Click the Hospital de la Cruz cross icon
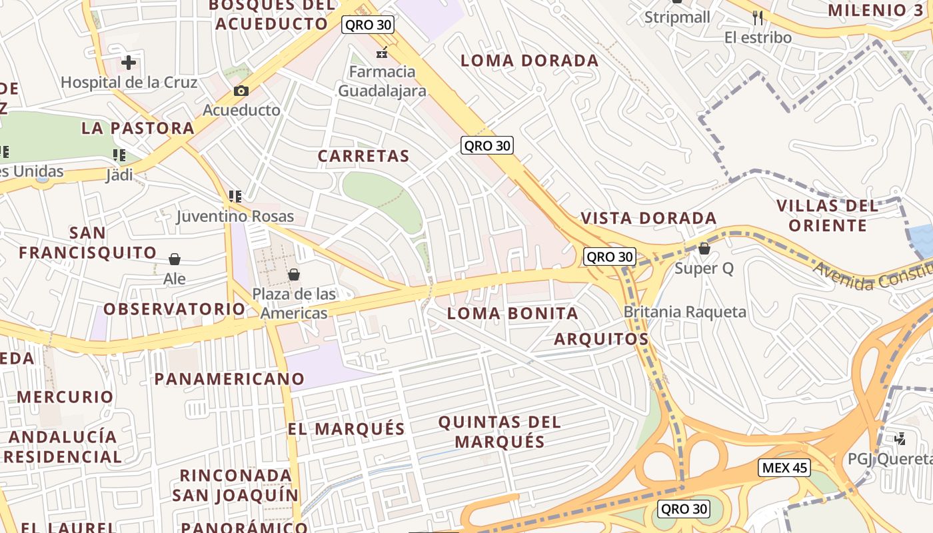pyautogui.click(x=129, y=63)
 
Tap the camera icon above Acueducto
pyautogui.click(x=241, y=91)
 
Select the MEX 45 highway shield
pyautogui.click(x=784, y=468)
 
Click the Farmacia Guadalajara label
pyautogui.click(x=382, y=81)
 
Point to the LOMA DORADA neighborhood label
pyautogui.click(x=530, y=61)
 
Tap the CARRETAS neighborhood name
pyautogui.click(x=363, y=157)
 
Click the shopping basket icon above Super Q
pyautogui.click(x=704, y=249)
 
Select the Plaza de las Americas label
pyautogui.click(x=294, y=303)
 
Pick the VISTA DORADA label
pyautogui.click(x=648, y=219)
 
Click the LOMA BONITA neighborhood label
pyautogui.click(x=512, y=313)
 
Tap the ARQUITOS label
pyautogui.click(x=601, y=339)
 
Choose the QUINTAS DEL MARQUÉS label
pyautogui.click(x=500, y=432)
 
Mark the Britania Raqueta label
pyautogui.click(x=685, y=312)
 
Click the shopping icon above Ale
pyautogui.click(x=175, y=259)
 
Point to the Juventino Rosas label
pyautogui.click(x=235, y=217)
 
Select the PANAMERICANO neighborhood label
pyautogui.click(x=229, y=379)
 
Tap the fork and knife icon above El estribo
pyautogui.click(x=758, y=17)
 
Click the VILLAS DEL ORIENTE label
pyautogui.click(x=828, y=215)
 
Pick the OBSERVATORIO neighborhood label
pyautogui.click(x=174, y=309)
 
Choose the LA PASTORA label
pyautogui.click(x=138, y=128)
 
